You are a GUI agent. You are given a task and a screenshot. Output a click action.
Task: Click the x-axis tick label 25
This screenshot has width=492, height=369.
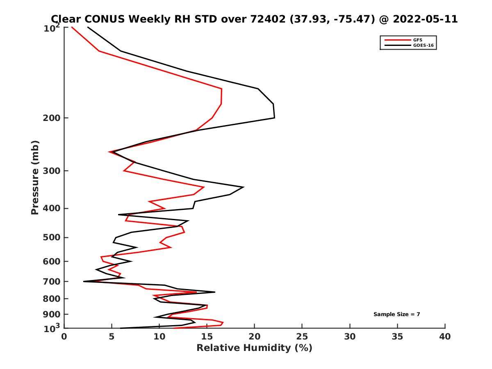302,337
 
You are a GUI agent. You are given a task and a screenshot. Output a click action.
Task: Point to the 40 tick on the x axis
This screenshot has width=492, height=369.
445,337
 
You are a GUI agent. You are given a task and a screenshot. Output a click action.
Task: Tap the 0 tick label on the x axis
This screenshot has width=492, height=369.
64,337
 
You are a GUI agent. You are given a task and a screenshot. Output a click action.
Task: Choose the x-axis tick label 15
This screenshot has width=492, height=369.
207,337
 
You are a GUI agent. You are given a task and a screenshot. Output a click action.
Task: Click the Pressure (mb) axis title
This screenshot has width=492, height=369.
35,177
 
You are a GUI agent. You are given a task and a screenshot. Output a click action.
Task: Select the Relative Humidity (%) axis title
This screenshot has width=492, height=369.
254,348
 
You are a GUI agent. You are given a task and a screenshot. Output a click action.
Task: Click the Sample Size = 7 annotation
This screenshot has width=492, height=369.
396,314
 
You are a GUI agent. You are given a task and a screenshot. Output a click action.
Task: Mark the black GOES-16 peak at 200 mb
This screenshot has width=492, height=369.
274,118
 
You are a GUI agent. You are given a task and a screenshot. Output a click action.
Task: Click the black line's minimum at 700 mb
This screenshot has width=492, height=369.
84,281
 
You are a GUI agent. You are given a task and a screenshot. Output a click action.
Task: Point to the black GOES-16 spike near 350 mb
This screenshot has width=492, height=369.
244,187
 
